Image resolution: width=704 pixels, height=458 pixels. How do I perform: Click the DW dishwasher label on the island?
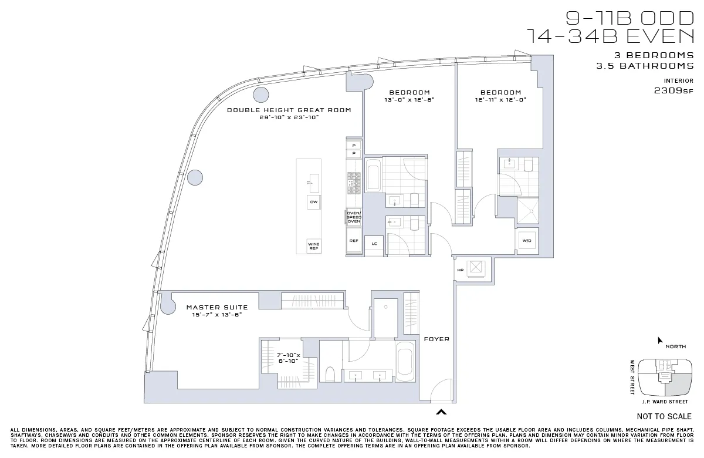point(313,202)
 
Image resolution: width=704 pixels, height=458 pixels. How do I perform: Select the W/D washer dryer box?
point(526,241)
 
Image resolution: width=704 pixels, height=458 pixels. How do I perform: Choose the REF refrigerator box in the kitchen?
point(354,241)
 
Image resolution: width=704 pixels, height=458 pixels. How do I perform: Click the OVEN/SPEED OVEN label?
point(354,217)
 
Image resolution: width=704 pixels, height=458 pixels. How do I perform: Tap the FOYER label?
point(436,339)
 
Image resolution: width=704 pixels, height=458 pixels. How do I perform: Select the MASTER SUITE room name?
point(217,307)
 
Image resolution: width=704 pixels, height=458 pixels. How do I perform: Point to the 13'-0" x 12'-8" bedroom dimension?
point(409,100)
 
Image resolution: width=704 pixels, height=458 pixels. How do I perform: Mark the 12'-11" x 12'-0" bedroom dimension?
point(500,100)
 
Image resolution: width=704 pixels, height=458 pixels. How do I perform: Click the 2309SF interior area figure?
point(673,90)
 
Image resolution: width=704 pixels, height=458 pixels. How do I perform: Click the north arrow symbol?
point(660,340)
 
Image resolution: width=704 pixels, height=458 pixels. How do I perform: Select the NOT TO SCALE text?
point(664,416)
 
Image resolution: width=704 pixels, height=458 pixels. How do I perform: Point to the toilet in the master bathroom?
point(330,373)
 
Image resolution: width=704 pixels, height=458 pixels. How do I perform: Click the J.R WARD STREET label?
point(664,402)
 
